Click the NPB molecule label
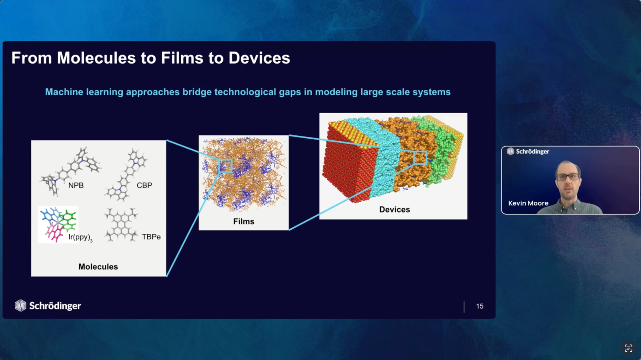tap(76, 185)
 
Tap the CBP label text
tap(144, 185)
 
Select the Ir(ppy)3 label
tap(81, 237)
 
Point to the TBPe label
tap(151, 237)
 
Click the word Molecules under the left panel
tap(98, 266)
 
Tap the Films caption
tap(244, 221)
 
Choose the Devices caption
tap(394, 209)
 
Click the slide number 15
tap(479, 306)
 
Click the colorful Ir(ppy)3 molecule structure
tap(58, 225)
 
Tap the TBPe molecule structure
tap(121, 225)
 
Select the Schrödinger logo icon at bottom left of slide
tap(20, 306)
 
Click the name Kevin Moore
tap(528, 203)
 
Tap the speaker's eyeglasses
tap(568, 177)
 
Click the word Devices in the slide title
tap(259, 58)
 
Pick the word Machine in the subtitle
tap(64, 92)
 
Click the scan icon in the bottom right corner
tap(628, 348)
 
